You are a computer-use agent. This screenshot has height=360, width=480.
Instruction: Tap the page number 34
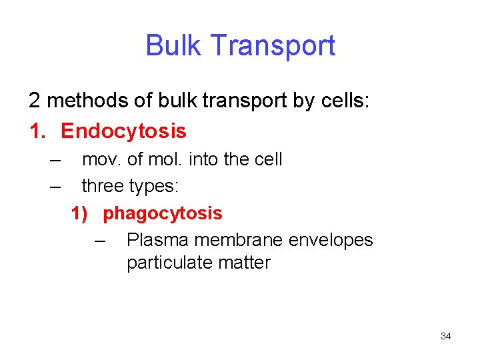(446, 336)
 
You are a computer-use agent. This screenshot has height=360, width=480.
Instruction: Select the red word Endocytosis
(123, 131)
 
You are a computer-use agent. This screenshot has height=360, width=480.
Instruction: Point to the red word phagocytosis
(163, 213)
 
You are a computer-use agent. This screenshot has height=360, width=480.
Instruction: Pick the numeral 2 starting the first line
(34, 101)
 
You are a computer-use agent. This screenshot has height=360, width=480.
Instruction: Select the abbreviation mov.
(99, 160)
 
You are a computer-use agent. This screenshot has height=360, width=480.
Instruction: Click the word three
(102, 187)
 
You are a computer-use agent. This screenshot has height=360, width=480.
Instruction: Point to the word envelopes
(333, 240)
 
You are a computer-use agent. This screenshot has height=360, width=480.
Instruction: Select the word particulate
(168, 263)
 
